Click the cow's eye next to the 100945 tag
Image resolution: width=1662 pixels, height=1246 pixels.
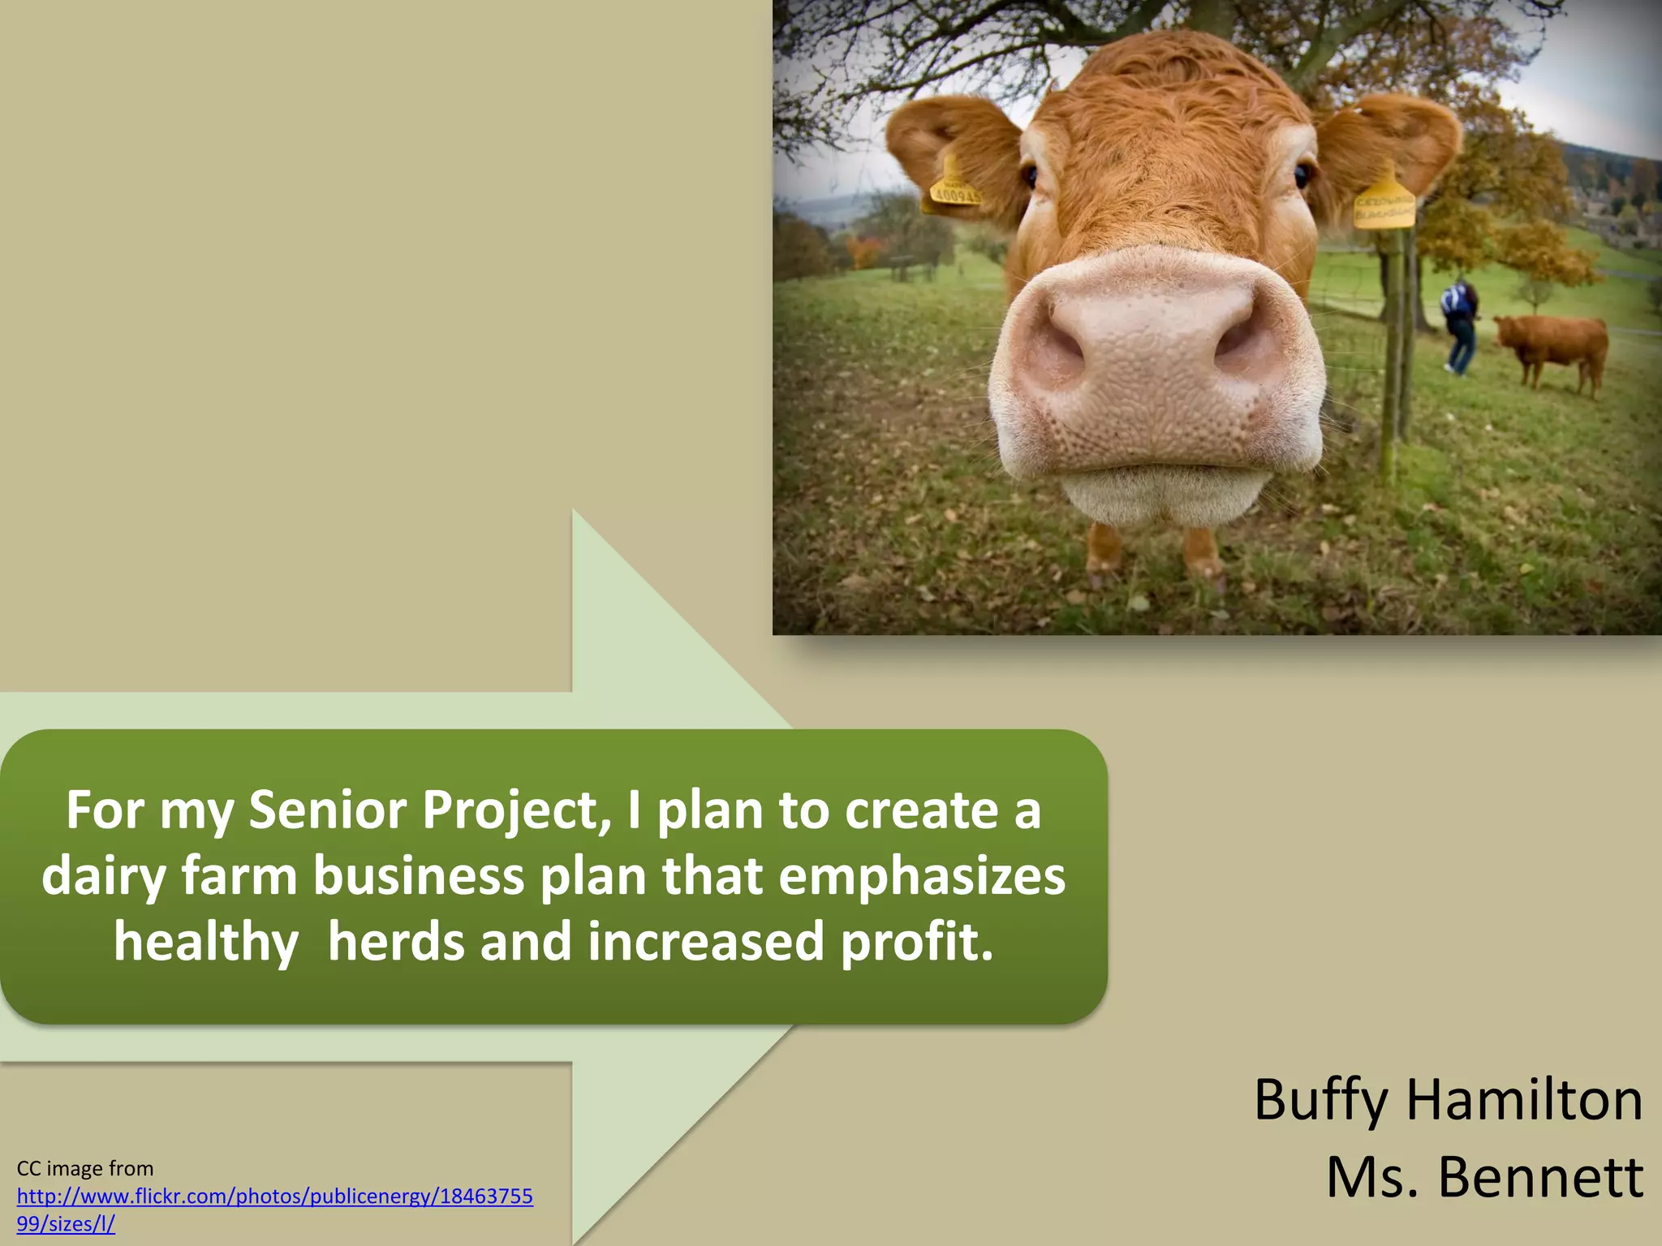pos(1030,175)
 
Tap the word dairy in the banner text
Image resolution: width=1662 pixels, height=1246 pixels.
pos(104,878)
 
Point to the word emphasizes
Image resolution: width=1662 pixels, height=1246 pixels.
pos(922,876)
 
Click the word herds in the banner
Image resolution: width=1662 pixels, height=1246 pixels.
pos(397,942)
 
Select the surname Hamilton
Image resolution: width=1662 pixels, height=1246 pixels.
pos(1524,1100)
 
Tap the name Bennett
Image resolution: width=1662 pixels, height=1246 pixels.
pos(1540,1177)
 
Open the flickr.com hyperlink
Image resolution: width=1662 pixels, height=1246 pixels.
pos(274,1197)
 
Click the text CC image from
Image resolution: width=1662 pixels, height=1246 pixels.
pos(85,1168)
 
